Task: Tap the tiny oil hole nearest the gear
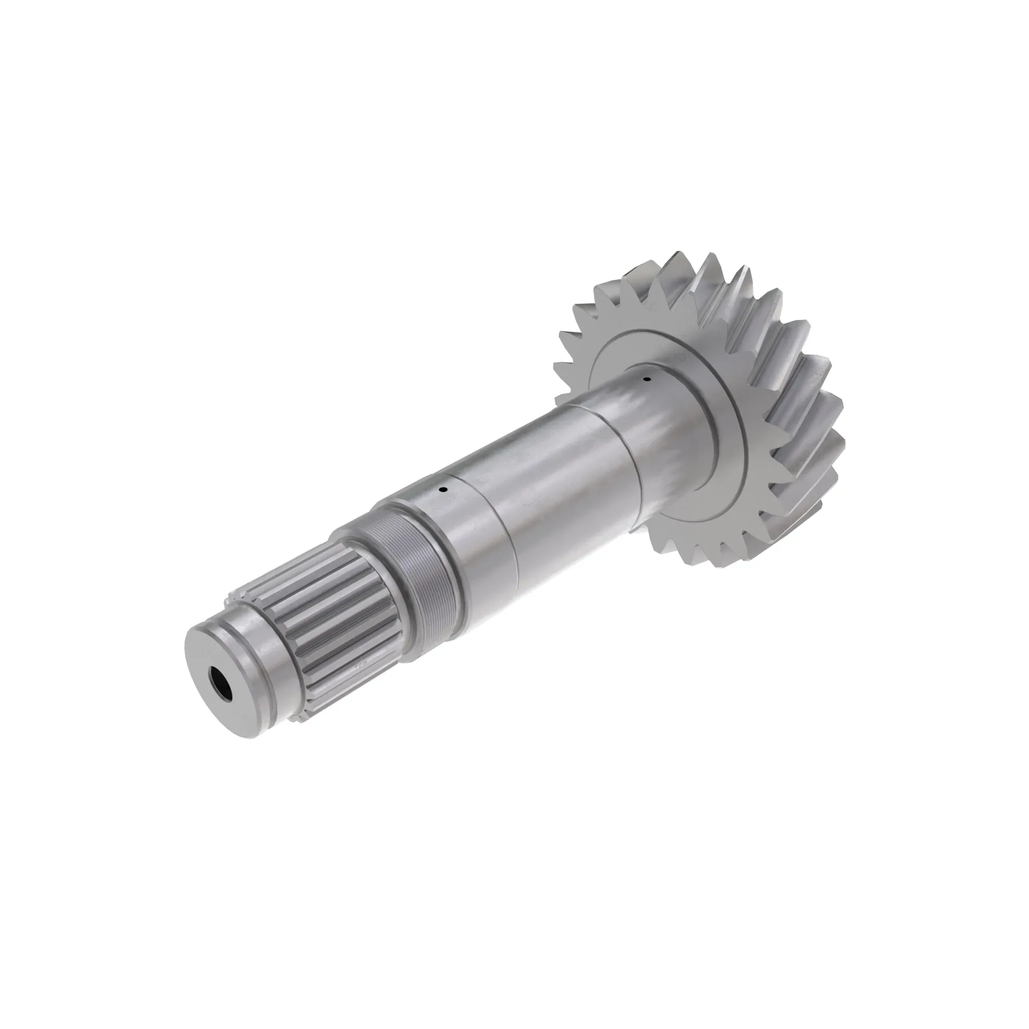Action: (647, 379)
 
